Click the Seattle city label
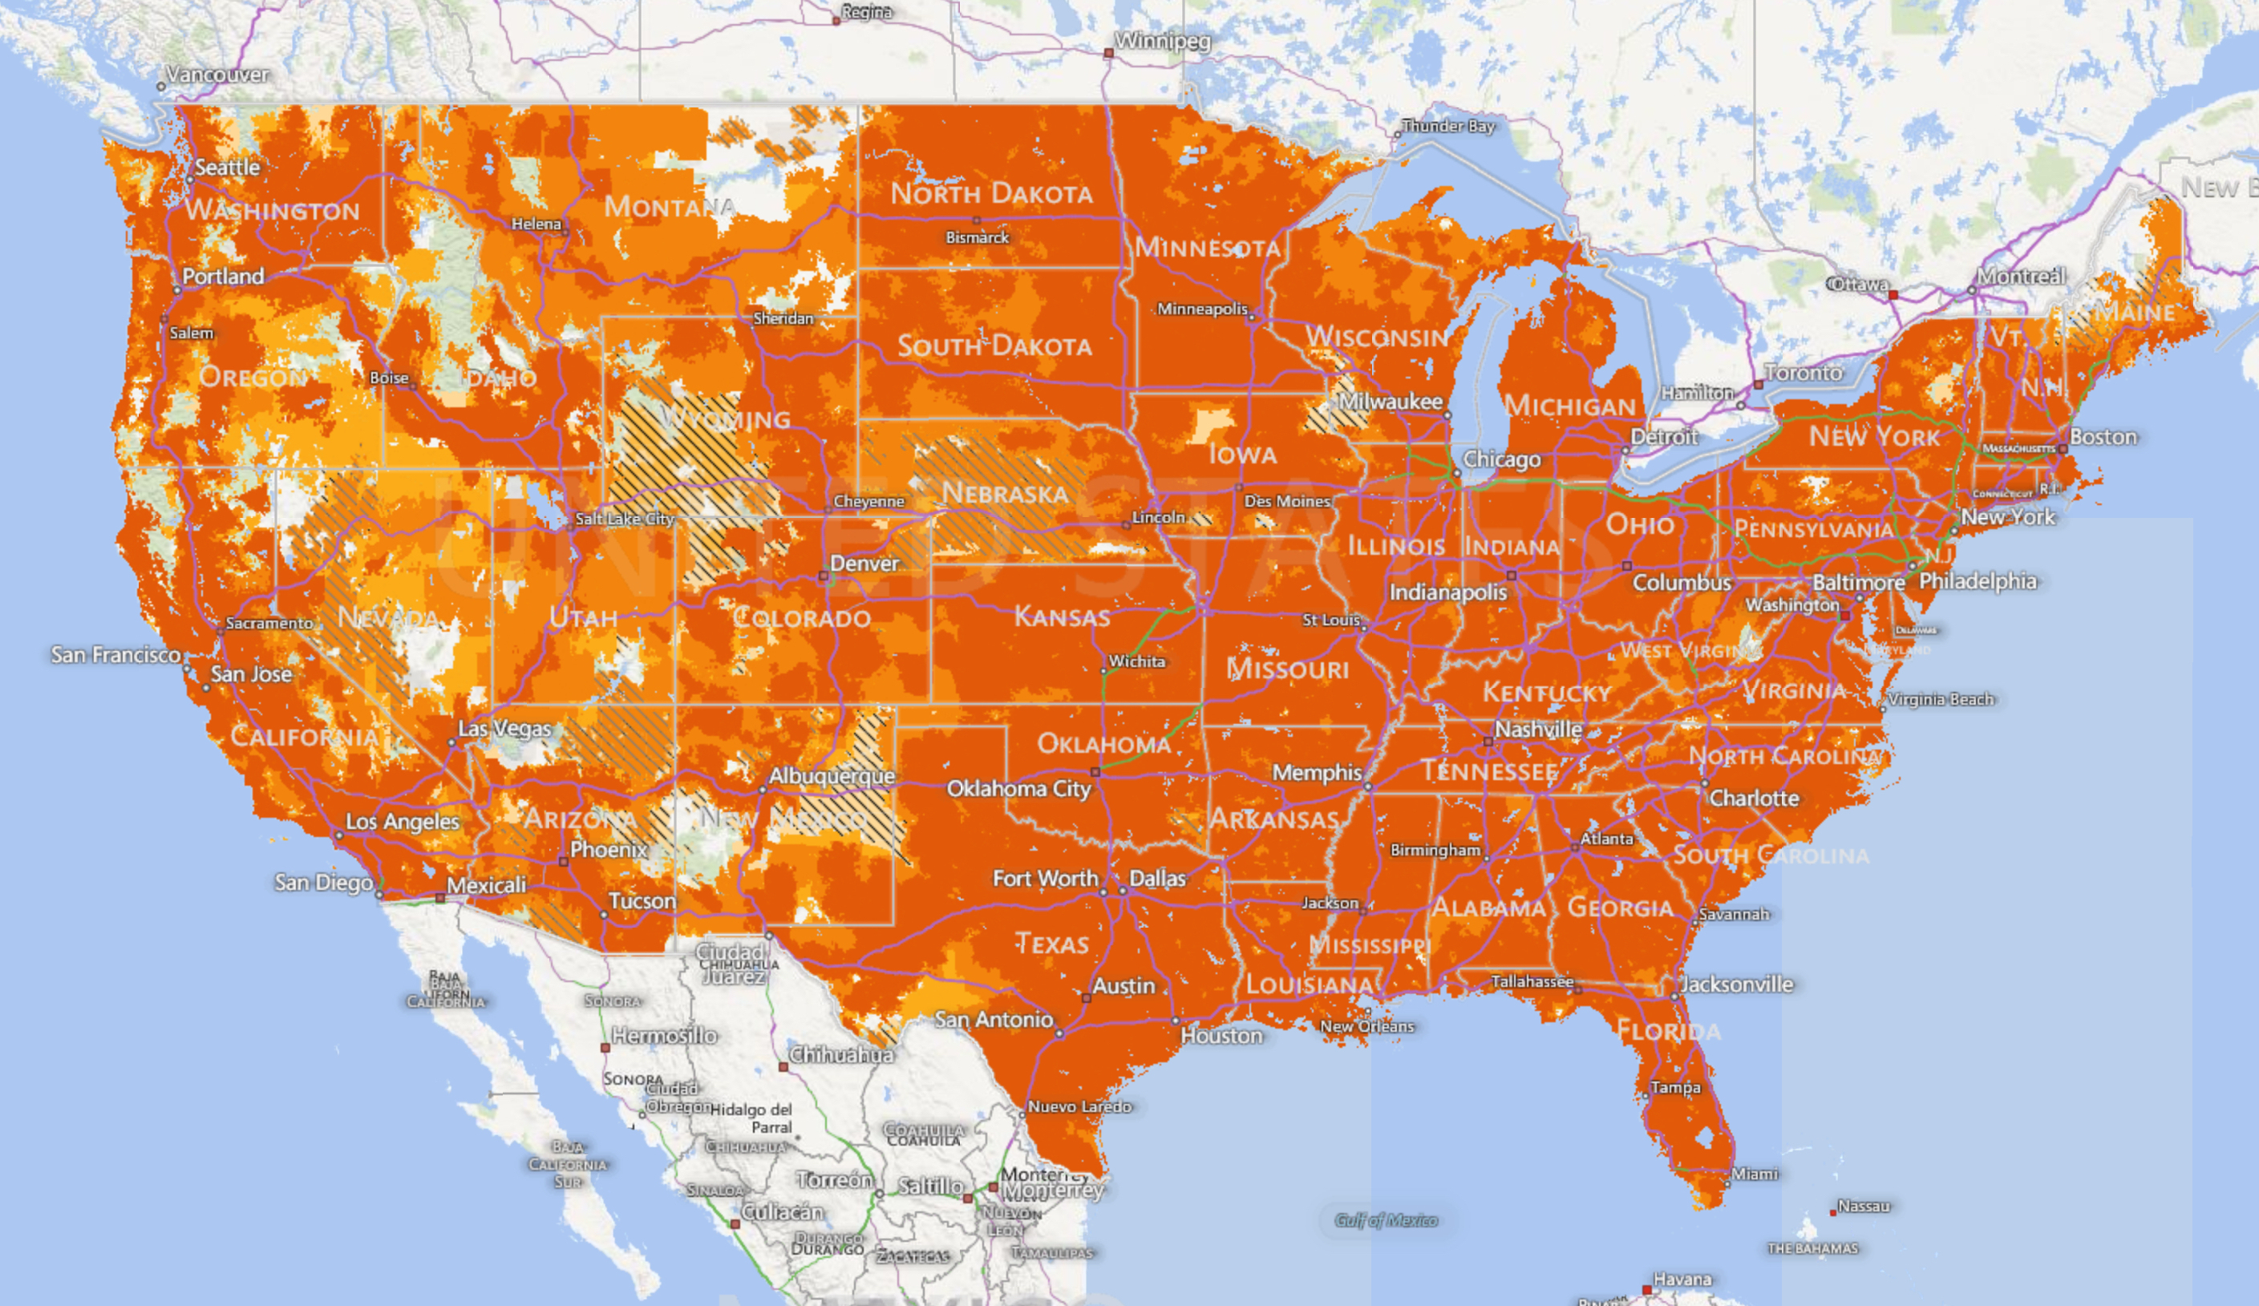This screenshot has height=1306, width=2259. (x=227, y=168)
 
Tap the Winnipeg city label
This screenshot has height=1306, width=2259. (x=1163, y=40)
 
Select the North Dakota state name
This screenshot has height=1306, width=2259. (x=991, y=193)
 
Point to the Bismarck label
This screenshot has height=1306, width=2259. (x=977, y=237)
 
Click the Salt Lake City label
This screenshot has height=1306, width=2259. (x=625, y=518)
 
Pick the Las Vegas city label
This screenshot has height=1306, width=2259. (x=504, y=729)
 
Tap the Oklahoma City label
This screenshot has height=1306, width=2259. (x=1018, y=789)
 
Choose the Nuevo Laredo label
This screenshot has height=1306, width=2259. (x=1079, y=1107)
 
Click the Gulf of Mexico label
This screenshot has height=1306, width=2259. (x=1386, y=1221)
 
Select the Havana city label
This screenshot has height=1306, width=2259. (x=1682, y=1279)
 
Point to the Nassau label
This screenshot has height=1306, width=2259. (x=1864, y=1207)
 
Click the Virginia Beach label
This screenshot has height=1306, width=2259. (x=1941, y=699)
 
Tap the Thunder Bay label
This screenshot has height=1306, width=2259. (x=1448, y=127)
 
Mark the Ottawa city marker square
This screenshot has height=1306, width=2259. (x=1893, y=295)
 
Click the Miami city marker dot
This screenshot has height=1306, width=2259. (x=1727, y=1183)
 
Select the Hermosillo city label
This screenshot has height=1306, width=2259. (x=664, y=1036)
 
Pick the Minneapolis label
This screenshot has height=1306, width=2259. (x=1202, y=309)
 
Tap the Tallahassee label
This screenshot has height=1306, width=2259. (x=1531, y=981)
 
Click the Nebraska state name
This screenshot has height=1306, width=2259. (x=1005, y=493)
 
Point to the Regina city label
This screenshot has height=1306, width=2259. (x=866, y=12)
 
